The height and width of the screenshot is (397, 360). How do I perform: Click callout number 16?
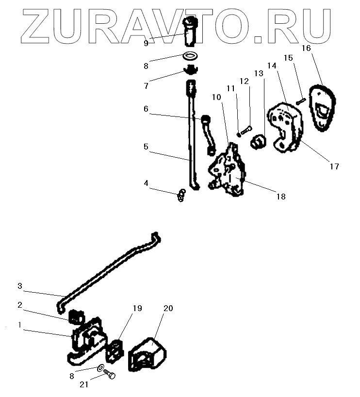[x=306, y=48]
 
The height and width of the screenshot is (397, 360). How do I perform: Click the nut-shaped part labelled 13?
[x=259, y=142]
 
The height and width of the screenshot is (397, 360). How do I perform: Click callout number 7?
[x=146, y=86]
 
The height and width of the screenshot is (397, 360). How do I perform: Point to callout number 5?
[x=146, y=146]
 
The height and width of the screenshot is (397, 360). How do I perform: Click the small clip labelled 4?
[x=181, y=196]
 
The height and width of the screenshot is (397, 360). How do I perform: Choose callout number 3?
[x=20, y=286]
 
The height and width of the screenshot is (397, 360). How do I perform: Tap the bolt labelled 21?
[x=110, y=376]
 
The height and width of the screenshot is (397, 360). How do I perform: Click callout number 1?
[x=20, y=326]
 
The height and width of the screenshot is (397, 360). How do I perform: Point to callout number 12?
[x=244, y=81]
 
